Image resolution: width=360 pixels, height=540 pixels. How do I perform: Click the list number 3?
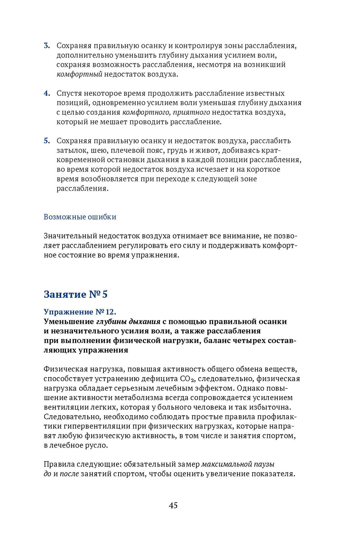coord(47,46)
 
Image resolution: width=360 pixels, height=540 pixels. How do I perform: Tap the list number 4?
coord(47,93)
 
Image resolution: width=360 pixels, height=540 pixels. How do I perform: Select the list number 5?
coord(47,141)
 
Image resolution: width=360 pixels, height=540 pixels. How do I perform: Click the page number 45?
coord(173,505)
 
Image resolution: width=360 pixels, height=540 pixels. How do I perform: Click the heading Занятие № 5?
coord(76,294)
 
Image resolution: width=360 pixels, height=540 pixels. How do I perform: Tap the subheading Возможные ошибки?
coord(80,217)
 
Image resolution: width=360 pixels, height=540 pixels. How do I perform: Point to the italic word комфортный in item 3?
coord(79,74)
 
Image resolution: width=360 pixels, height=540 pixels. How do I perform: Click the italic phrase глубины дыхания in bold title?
coord(128,322)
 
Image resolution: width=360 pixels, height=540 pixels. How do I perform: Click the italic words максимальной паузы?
coord(238,464)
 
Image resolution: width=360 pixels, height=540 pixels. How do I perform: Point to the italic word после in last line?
coord(69,474)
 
